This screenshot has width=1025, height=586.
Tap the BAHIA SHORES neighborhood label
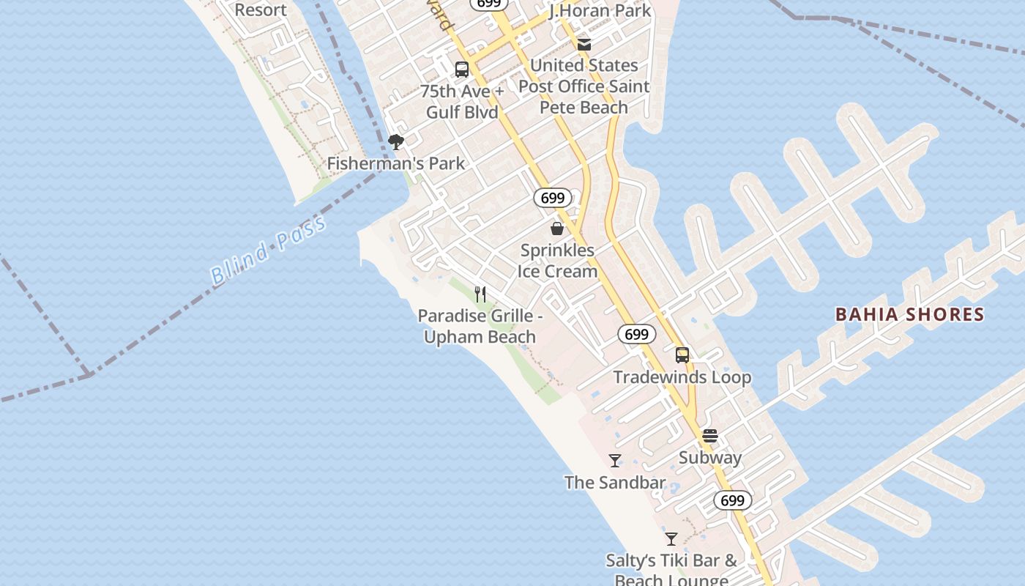pos(909,315)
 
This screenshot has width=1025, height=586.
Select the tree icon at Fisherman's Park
pos(396,141)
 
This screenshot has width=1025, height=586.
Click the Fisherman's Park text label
pos(395,163)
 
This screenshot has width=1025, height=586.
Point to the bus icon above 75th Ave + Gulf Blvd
pos(462,70)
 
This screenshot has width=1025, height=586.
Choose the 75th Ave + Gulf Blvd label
pos(462,102)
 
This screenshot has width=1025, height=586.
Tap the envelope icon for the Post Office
pos(584,45)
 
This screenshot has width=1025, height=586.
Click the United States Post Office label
pos(584,86)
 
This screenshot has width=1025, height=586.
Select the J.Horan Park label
pos(600,11)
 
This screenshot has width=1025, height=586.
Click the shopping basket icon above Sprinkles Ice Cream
pos(557,229)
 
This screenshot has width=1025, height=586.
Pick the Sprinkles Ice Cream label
pos(557,261)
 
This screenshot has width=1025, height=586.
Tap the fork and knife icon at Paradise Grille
pos(480,294)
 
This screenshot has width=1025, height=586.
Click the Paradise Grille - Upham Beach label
pos(480,327)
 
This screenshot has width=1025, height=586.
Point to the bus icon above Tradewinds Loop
pos(682,355)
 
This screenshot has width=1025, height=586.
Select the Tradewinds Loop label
pos(682,377)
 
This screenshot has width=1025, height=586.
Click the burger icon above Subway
pos(710,436)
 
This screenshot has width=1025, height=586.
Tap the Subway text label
pos(710,458)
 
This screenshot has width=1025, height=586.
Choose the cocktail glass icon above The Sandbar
pos(615,461)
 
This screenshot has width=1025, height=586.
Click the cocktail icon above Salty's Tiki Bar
pos(671,539)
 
